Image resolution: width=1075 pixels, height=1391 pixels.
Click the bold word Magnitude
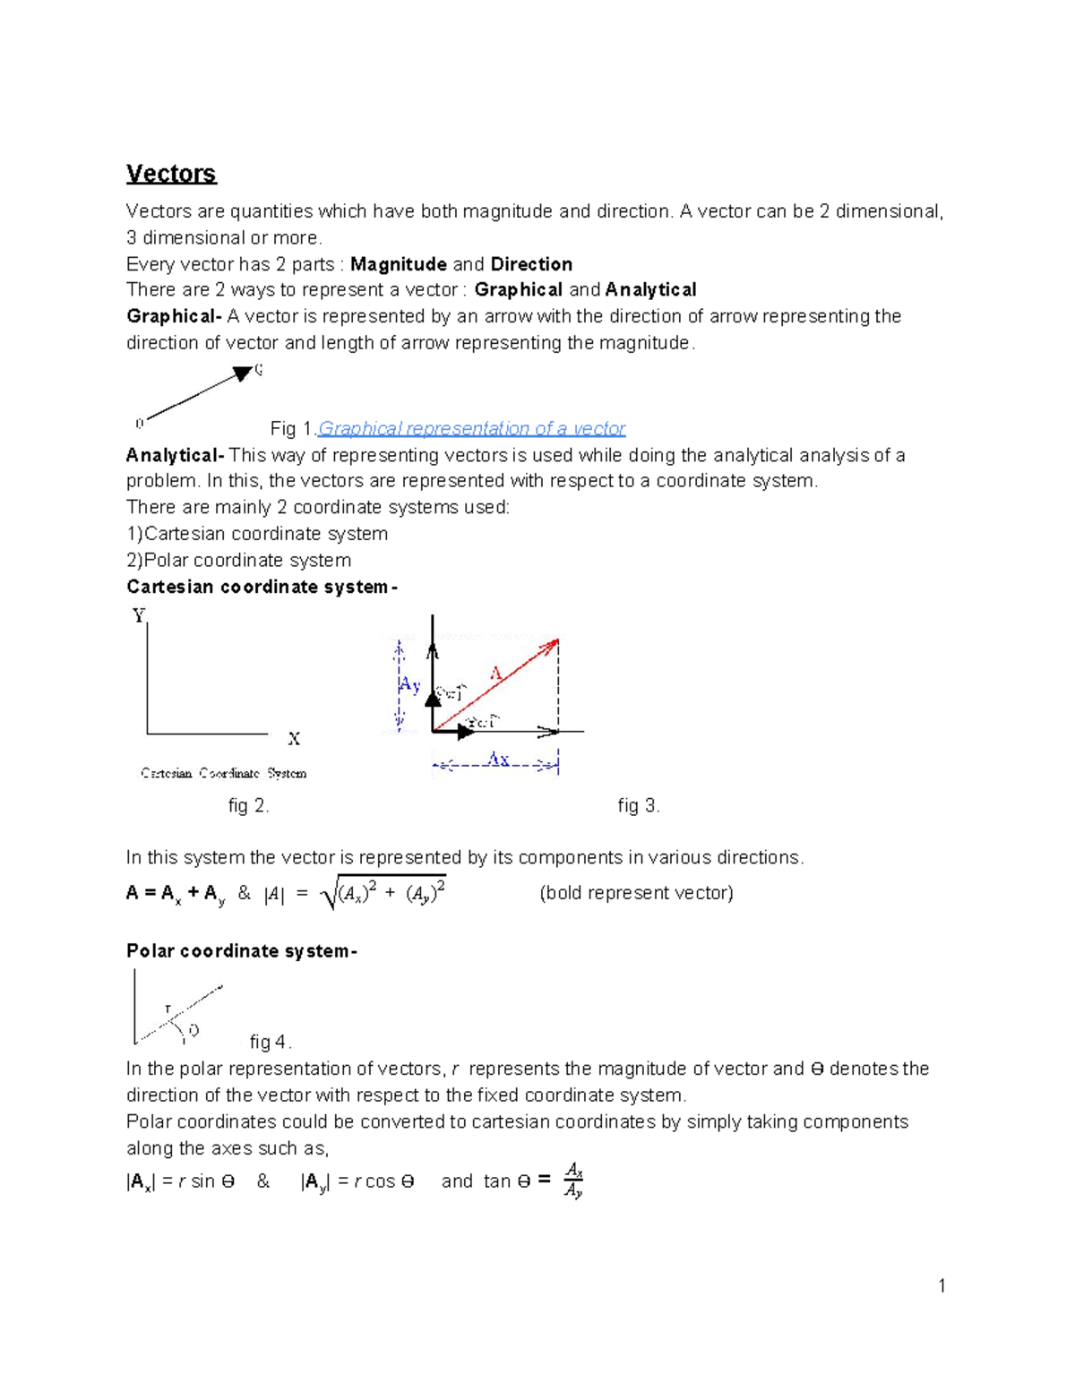coord(399,264)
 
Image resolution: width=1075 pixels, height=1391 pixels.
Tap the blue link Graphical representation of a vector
coord(471,428)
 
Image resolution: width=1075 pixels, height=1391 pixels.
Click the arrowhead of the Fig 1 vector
coord(242,374)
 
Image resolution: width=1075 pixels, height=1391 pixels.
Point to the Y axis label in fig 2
coord(139,615)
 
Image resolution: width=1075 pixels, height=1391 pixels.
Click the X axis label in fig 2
coord(294,739)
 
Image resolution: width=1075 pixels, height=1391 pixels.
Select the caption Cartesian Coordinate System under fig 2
coord(223,773)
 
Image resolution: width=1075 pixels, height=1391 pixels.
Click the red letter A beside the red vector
coord(495,673)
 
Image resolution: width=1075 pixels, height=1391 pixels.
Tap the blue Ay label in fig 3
coord(409,685)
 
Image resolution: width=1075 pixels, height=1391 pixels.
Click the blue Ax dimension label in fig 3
coord(498,760)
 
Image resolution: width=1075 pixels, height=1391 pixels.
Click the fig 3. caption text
coord(638,805)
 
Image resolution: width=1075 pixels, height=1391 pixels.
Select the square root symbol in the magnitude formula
coord(329,894)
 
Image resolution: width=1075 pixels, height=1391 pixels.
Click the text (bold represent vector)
coord(636,893)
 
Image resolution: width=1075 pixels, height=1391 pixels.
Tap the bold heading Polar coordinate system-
coord(242,951)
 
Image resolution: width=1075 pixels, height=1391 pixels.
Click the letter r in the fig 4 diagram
coord(168,1009)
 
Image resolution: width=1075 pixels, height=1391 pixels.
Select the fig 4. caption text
coord(270,1042)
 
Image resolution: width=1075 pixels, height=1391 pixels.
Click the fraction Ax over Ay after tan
coord(573,1181)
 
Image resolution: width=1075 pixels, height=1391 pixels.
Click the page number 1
coord(942,1286)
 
